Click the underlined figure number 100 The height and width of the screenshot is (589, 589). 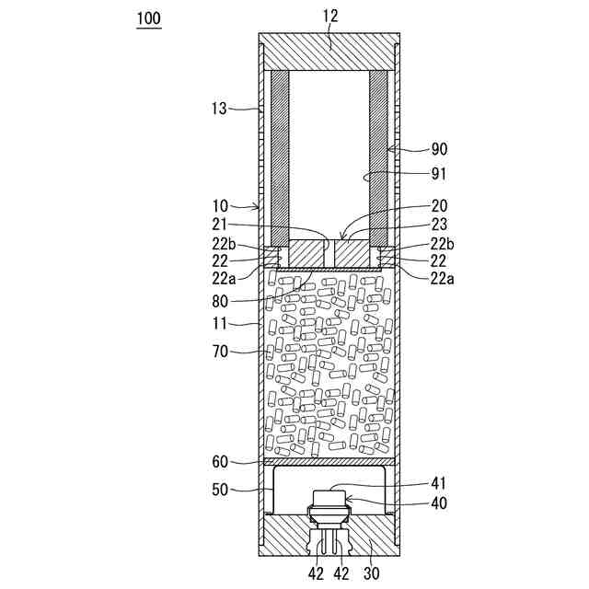(148, 19)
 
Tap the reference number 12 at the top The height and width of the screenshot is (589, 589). (330, 17)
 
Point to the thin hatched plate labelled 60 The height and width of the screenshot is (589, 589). (330, 461)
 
